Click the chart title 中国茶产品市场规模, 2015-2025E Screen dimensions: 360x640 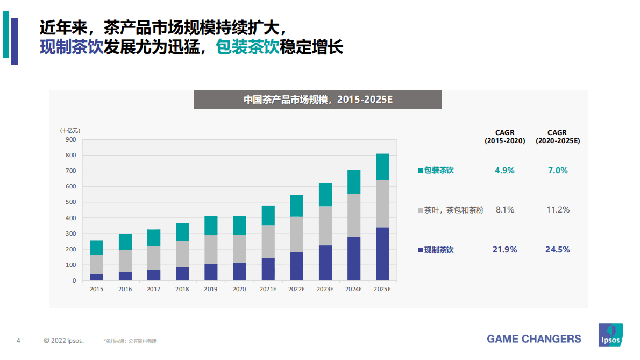pos(318,100)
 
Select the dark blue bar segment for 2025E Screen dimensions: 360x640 pos(382,253)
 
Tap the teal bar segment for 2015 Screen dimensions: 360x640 pos(97,248)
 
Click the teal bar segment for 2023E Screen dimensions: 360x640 pos(325,195)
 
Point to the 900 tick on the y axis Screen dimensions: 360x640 pos(70,139)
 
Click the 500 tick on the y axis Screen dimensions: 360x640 pos(70,202)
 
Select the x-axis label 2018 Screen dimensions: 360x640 pos(182,289)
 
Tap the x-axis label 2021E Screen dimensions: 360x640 pos(268,289)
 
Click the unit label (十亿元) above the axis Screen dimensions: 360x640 pos(70,130)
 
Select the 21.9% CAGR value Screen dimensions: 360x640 pos(505,250)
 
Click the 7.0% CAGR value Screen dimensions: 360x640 pos(558,171)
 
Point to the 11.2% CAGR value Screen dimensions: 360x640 pos(558,210)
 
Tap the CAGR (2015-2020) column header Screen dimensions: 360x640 pos(505,137)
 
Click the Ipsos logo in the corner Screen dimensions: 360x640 pos(610,335)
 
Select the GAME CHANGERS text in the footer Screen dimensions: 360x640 pos(534,339)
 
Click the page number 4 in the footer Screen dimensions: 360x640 pos(19,341)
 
